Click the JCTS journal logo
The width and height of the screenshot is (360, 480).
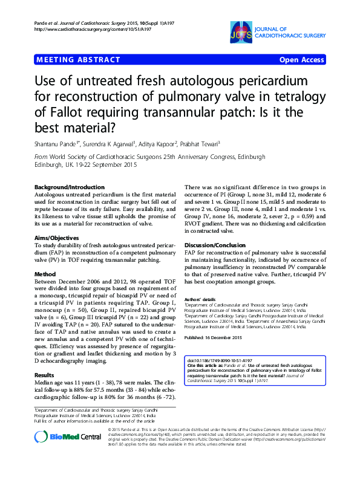(243, 32)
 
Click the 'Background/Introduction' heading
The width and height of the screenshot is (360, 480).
(68, 187)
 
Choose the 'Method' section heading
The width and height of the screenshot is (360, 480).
(45, 274)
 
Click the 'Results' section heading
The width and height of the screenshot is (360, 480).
(45, 358)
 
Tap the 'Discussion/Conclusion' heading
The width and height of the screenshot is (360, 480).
(215, 245)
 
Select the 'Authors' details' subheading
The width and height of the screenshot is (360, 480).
(200, 299)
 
